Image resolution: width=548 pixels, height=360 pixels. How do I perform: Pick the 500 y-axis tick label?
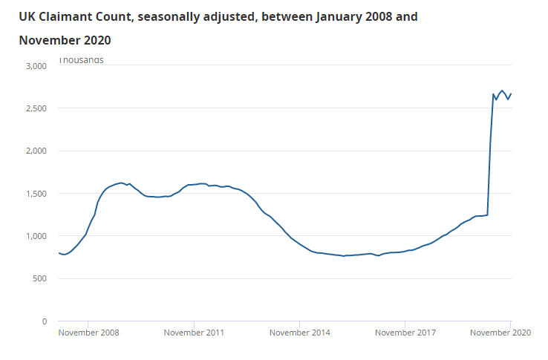[40, 278]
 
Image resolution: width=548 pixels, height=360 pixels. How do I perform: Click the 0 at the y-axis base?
[45, 321]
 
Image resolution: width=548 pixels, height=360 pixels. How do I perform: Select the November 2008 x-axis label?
[88, 333]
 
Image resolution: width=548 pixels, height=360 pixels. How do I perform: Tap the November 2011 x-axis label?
[194, 333]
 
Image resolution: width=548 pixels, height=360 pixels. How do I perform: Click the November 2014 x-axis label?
[299, 333]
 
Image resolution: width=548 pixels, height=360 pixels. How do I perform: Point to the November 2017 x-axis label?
[405, 333]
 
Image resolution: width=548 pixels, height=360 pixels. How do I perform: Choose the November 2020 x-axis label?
[500, 333]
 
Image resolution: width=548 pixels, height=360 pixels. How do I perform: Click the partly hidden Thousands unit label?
[81, 61]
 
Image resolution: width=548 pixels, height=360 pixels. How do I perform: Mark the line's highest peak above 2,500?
[503, 91]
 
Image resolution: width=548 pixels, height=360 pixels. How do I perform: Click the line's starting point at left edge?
[59, 253]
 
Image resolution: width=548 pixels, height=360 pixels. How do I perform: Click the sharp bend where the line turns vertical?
[488, 215]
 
